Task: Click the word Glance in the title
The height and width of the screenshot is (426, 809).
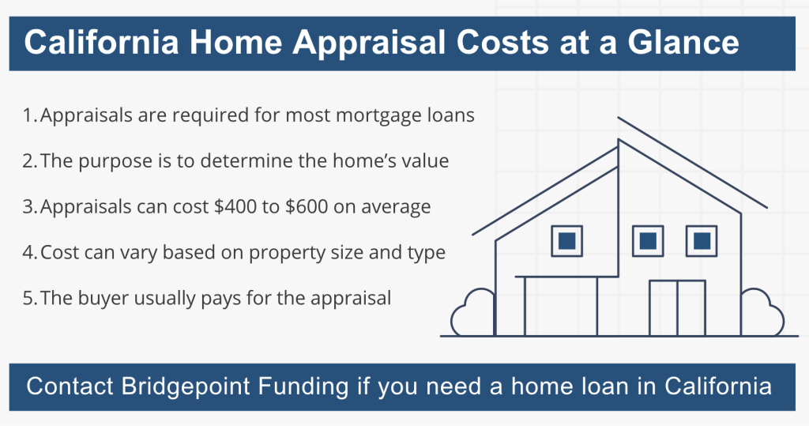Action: pos(685,42)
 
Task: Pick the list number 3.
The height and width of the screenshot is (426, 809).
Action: pos(28,207)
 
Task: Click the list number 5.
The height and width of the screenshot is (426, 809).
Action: pos(28,299)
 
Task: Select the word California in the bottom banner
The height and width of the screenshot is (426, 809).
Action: pos(717,387)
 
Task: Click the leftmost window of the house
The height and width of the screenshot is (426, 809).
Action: pos(566,241)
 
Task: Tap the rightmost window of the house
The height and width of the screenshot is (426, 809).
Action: pos(700,241)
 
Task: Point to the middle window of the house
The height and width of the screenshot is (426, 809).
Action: pos(647,241)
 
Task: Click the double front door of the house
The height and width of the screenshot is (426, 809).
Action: pos(676,307)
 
